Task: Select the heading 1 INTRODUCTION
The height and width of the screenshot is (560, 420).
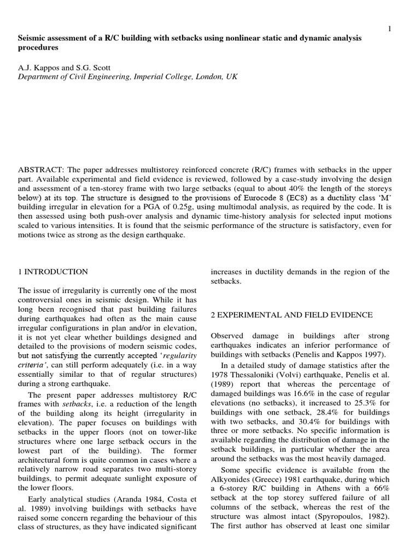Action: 52,272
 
